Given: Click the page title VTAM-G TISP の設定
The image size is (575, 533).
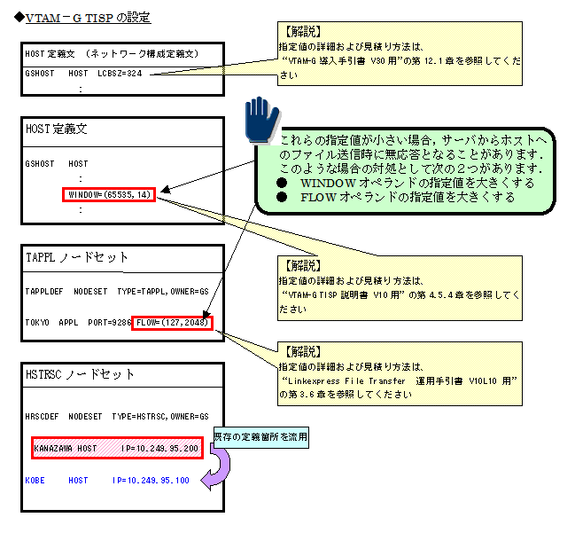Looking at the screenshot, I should pos(88,17).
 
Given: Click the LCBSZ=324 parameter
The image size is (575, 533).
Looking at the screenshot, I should pos(122,74).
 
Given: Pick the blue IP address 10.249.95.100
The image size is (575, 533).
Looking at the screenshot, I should pos(151,480).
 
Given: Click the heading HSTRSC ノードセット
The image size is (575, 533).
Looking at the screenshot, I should pos(81,374).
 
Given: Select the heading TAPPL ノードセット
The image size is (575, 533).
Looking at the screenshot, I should pos(78,258).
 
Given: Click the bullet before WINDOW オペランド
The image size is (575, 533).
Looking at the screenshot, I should pos(283,183).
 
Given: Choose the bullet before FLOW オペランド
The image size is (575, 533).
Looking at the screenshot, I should pos(283,197).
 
